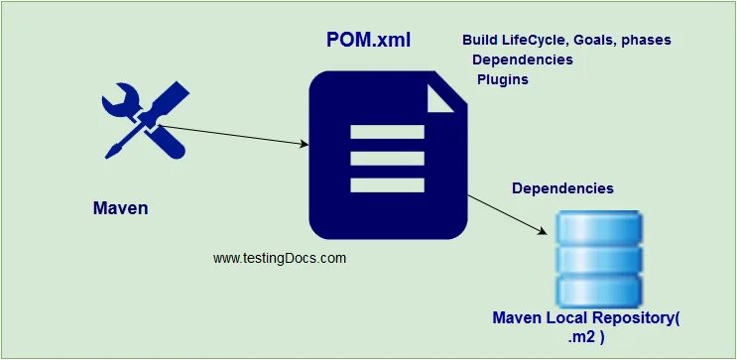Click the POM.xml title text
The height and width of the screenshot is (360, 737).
pos(368,42)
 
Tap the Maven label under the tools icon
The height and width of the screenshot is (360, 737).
pos(120,208)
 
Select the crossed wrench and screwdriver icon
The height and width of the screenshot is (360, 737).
pos(143,123)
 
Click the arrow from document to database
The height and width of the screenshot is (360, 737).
pos(507,214)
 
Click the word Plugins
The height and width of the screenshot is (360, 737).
pos(502,79)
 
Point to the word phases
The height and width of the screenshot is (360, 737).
pos(647,40)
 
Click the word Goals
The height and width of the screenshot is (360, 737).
pos(595,40)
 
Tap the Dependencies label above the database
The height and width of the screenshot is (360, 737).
pos(562,188)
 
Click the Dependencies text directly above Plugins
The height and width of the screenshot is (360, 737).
pos(522,60)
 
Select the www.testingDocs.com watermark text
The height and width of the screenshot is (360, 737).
pos(280,258)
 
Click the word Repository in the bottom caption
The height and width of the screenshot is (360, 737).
pos(632,319)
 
